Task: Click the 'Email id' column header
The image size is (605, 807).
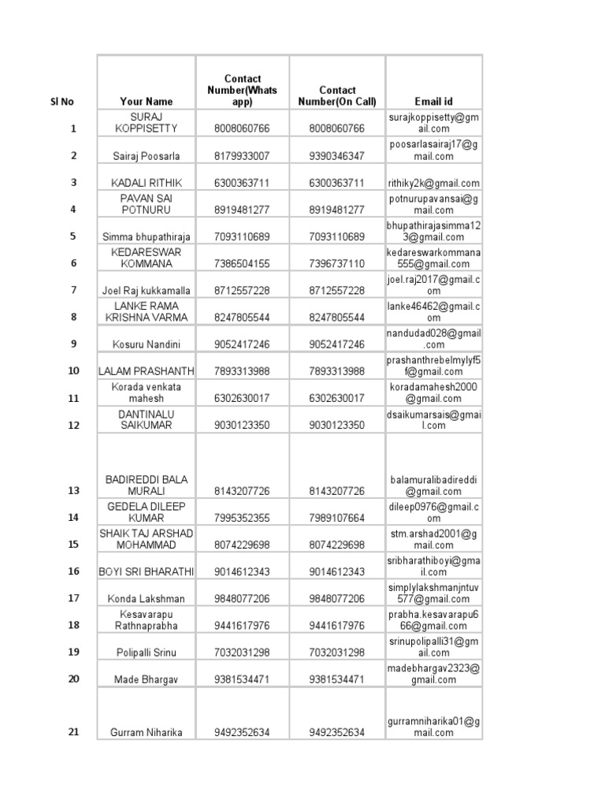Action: (433, 102)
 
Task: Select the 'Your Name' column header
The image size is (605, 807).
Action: (146, 102)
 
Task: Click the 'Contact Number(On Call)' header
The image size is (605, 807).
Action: (337, 96)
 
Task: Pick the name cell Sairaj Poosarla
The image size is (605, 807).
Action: (146, 156)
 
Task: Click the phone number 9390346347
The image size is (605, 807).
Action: (337, 156)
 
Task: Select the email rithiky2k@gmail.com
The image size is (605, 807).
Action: (433, 183)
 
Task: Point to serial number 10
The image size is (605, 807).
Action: (73, 371)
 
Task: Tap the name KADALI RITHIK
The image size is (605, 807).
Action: (146, 183)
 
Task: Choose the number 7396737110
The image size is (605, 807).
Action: (337, 264)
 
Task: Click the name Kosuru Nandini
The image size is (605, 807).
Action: (146, 344)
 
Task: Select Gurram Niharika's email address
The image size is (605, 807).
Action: (433, 727)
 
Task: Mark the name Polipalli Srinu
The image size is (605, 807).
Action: (146, 653)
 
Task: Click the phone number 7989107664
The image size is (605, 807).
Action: (337, 518)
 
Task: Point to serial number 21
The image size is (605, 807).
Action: (73, 732)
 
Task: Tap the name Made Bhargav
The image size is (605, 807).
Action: (146, 679)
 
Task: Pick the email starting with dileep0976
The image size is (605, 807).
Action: (433, 512)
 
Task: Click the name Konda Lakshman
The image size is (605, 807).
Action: (146, 599)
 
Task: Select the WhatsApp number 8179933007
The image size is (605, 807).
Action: (242, 156)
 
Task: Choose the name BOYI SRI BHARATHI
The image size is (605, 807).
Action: (146, 571)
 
